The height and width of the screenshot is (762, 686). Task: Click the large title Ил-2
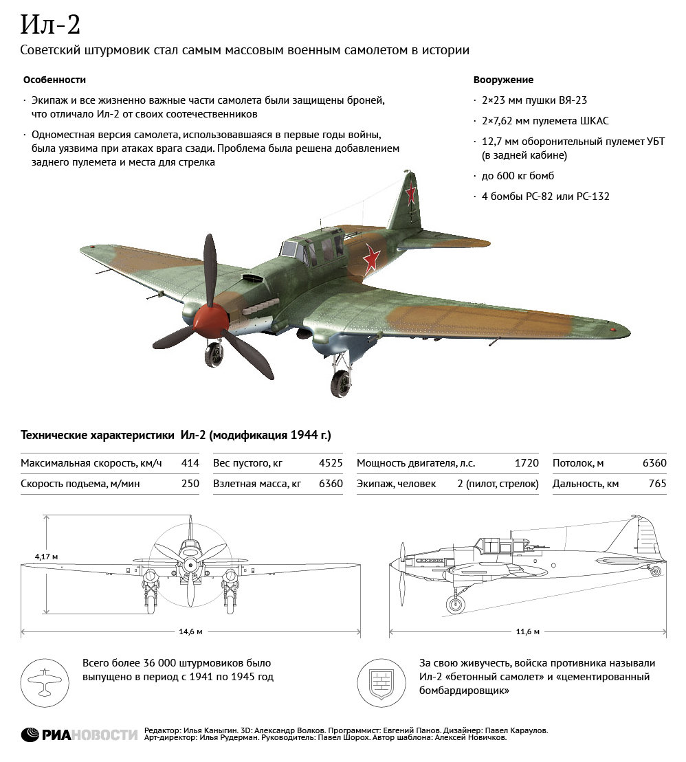tap(50, 25)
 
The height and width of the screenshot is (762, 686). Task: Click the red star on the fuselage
tap(371, 258)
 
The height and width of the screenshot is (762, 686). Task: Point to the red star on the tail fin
tap(410, 194)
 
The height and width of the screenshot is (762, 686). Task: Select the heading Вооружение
tap(503, 80)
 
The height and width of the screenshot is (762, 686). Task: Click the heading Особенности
tap(54, 80)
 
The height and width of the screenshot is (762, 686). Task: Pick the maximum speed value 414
tap(190, 463)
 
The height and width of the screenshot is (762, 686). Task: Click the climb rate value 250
tap(190, 484)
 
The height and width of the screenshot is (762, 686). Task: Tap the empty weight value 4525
tap(331, 463)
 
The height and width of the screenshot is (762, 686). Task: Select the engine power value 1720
tap(527, 463)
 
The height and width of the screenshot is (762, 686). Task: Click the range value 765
tap(657, 484)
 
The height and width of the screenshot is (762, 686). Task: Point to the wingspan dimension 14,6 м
tap(191, 631)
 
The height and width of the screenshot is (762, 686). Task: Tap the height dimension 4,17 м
tap(46, 555)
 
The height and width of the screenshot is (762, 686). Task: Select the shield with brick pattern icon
tap(381, 682)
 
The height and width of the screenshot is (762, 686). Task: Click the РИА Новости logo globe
tap(30, 735)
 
